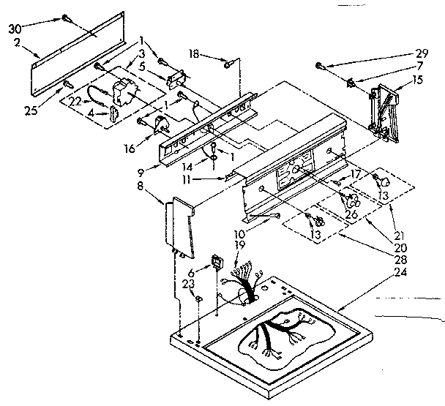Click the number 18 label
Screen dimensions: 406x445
pos(194,53)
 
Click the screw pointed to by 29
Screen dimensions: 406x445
pos(321,66)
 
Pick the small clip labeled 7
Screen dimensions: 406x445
pos(351,83)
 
